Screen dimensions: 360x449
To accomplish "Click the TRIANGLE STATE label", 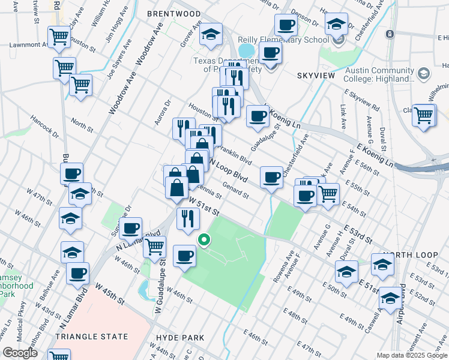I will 91,337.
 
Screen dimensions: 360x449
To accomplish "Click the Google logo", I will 20,353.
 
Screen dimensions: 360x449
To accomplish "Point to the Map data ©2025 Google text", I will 412,355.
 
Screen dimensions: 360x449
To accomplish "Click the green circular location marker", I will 204,241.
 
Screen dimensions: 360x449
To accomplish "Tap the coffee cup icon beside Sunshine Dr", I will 130,228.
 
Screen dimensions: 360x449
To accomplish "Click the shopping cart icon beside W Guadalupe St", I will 154,245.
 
